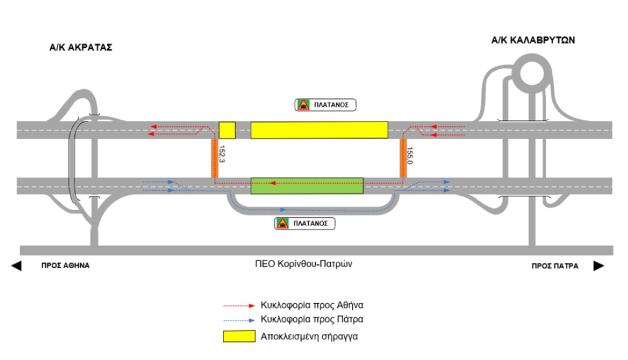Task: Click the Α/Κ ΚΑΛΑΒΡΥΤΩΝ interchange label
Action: pos(533,40)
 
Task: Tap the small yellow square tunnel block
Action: pos(227,130)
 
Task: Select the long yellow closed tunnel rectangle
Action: pos(319,130)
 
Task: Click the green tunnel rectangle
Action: pos(307,185)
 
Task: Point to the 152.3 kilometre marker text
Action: pos(222,157)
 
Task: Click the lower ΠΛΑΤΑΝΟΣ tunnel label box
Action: pos(305,224)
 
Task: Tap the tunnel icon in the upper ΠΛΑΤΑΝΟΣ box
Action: pos(302,104)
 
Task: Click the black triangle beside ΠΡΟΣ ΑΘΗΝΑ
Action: pos(16,266)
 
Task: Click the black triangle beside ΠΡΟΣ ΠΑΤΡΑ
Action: pos(599,266)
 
